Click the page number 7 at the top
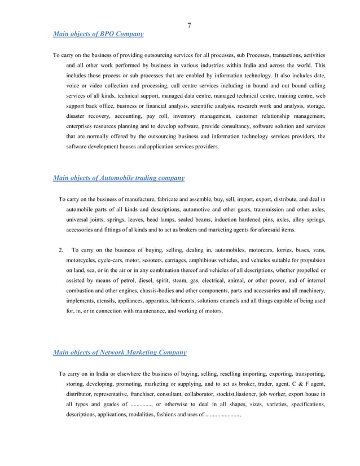tap(189, 25)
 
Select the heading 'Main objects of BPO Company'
tap(98, 34)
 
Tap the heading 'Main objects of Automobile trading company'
tap(118, 178)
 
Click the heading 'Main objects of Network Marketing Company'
tap(119, 353)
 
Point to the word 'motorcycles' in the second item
tap(82, 260)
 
